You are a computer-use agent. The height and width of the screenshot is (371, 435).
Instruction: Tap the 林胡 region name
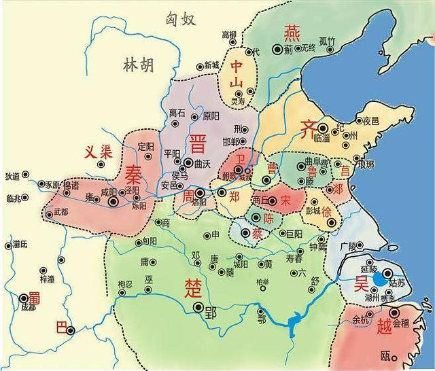(139, 65)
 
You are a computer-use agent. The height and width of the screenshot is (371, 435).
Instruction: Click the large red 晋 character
(198, 143)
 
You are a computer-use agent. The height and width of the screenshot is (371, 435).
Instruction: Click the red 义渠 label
(97, 152)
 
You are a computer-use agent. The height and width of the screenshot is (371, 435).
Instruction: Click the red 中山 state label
(237, 75)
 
